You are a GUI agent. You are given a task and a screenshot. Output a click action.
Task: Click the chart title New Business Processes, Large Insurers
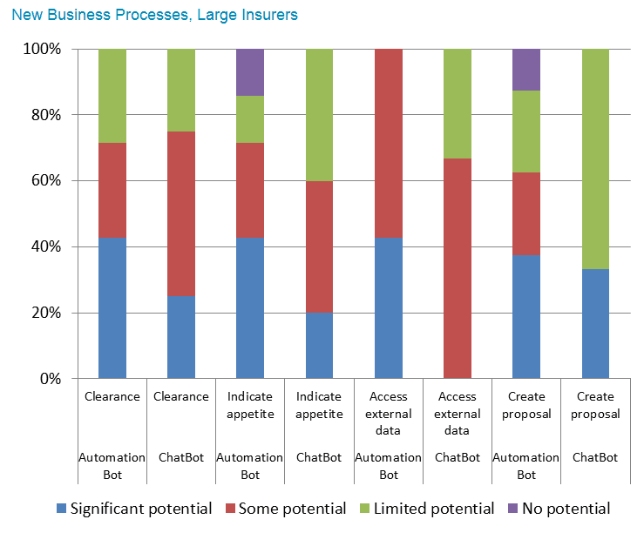[154, 15]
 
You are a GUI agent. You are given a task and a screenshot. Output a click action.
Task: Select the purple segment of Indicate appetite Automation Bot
[250, 72]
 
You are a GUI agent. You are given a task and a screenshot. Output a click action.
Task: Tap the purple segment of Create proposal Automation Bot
[526, 70]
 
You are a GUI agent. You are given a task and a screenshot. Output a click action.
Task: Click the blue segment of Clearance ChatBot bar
[181, 337]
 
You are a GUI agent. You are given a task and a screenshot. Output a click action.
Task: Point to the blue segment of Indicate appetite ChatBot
[319, 346]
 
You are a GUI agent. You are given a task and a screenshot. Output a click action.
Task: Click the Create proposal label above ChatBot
[595, 405]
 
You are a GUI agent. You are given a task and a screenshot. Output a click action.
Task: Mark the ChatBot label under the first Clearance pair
[181, 457]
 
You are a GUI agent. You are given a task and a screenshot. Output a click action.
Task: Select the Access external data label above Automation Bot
[388, 413]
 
